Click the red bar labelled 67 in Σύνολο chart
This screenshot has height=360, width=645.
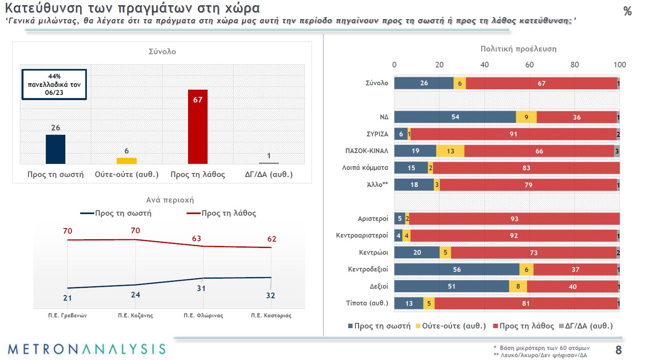(198, 127)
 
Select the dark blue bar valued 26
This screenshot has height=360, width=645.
(55, 149)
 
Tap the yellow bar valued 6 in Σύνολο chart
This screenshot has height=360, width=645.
(126, 161)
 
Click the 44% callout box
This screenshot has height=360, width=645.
(54, 84)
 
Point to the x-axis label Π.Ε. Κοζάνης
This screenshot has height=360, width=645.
(135, 315)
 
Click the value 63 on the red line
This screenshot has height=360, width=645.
(196, 238)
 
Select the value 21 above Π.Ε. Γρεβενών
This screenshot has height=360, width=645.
(67, 298)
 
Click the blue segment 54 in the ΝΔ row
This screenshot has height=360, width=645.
(455, 117)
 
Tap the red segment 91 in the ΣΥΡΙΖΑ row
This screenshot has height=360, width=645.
(513, 134)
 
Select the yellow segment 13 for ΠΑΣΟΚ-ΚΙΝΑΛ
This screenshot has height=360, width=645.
(450, 151)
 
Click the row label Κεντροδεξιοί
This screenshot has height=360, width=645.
(368, 269)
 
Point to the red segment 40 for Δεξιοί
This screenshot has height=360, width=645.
(572, 286)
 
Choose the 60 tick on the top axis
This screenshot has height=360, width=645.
(529, 65)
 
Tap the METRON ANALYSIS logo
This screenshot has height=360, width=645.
(86, 349)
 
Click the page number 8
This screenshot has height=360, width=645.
(618, 350)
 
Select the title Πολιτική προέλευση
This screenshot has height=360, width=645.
(518, 49)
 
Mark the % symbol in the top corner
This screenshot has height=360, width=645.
(627, 11)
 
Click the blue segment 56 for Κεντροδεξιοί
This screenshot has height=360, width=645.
(457, 270)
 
